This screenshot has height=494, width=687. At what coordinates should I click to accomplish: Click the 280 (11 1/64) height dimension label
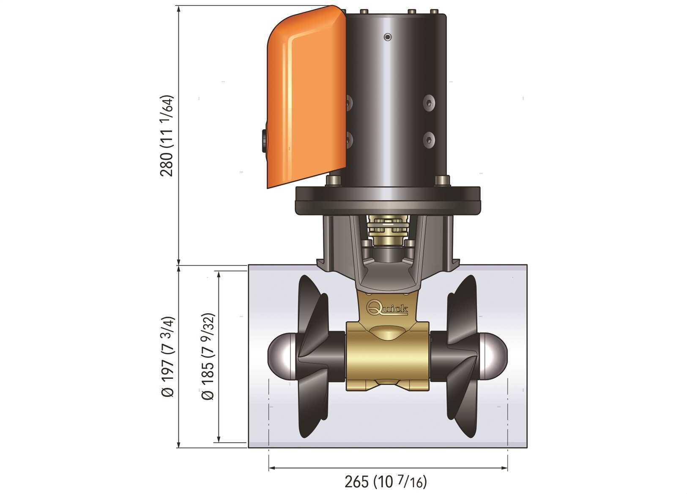click(x=167, y=136)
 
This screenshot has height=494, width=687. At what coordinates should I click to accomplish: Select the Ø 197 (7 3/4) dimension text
click(x=168, y=357)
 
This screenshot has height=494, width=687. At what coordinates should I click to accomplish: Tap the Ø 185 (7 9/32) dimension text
click(x=208, y=356)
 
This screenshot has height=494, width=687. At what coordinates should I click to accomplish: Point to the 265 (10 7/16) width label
click(x=386, y=481)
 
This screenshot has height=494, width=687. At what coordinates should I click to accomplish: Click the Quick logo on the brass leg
click(x=388, y=308)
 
